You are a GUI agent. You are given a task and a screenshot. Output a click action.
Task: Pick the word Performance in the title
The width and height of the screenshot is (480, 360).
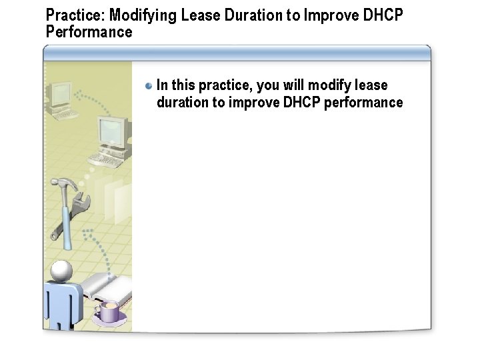[89, 31]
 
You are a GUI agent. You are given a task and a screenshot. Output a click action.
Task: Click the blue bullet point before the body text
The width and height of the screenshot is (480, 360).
[149, 86]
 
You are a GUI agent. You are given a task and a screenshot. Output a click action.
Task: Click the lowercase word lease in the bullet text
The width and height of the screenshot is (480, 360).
[371, 85]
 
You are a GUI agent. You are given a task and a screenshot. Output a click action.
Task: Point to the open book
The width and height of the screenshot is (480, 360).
[107, 287]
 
